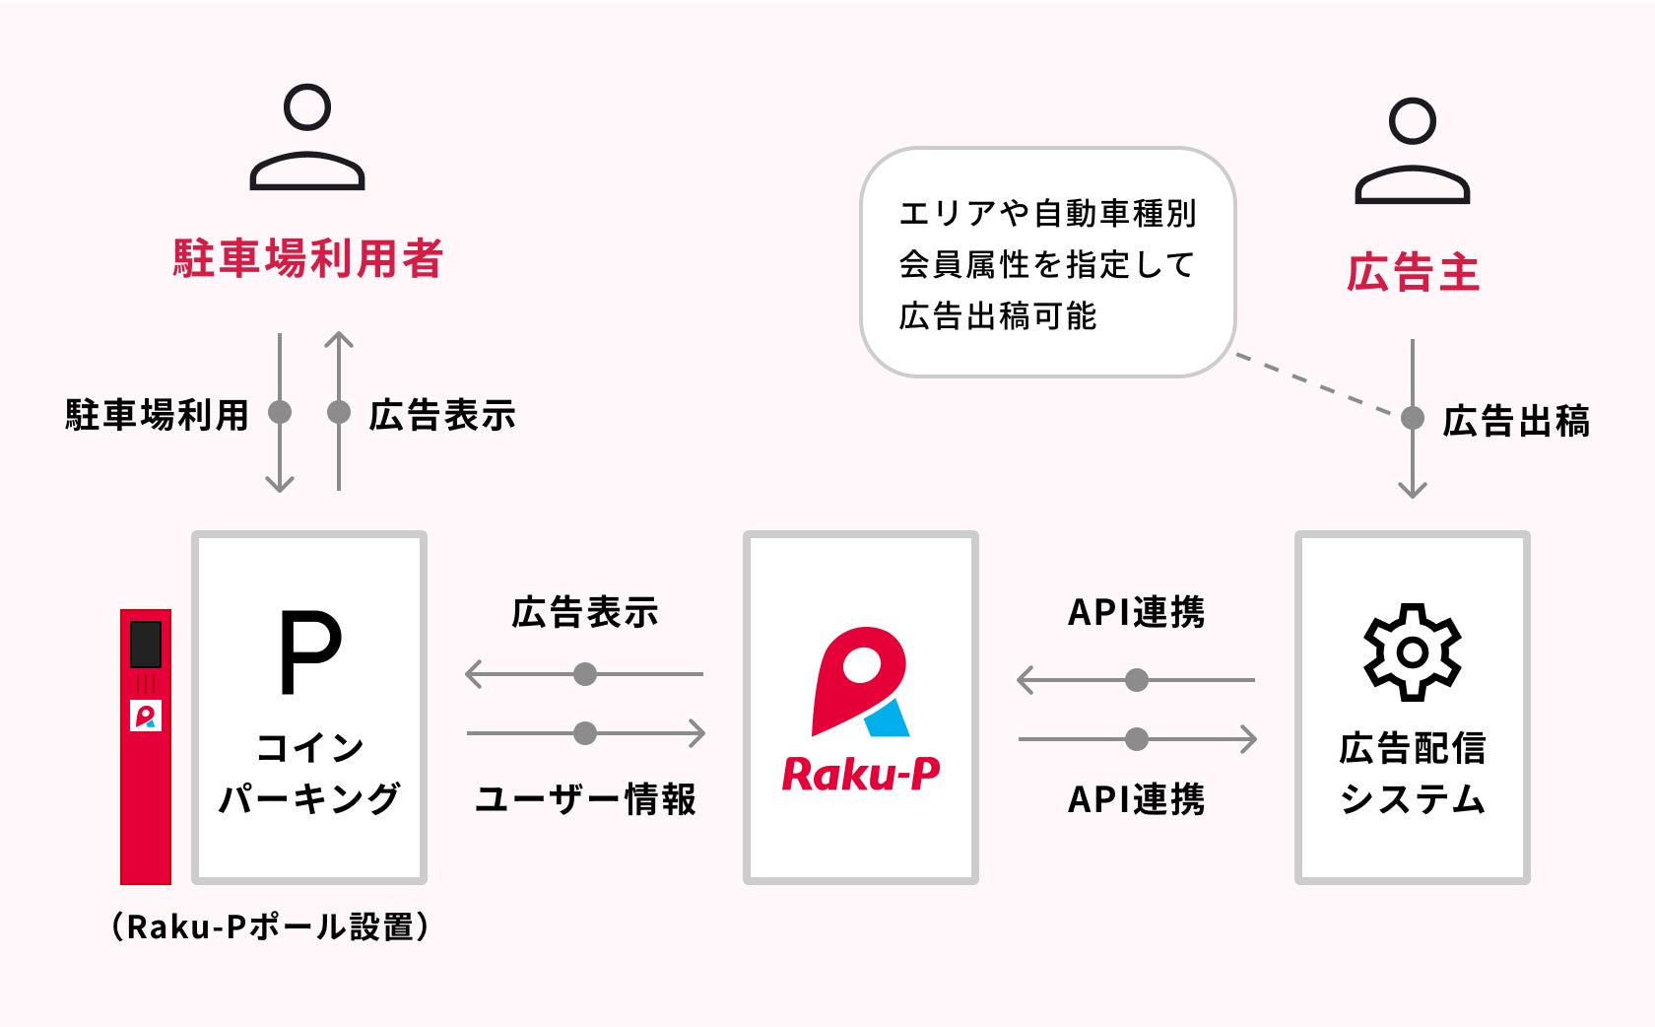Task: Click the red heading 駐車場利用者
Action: click(x=307, y=258)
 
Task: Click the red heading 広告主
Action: click(x=1413, y=273)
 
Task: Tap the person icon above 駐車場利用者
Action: click(x=307, y=137)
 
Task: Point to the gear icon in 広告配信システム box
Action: click(x=1413, y=651)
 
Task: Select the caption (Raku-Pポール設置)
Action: click(x=270, y=926)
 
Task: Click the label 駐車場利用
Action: click(x=157, y=415)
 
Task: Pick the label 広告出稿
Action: click(x=1516, y=421)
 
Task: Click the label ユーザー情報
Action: click(x=585, y=799)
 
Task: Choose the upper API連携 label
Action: click(x=1136, y=612)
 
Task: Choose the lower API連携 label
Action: click(x=1136, y=799)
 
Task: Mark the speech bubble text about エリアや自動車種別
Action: click(x=1046, y=264)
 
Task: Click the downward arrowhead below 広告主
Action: click(x=1413, y=489)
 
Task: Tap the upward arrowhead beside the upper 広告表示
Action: click(x=339, y=341)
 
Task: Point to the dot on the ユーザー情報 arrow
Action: click(x=585, y=733)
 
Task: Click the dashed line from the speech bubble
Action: click(x=1315, y=383)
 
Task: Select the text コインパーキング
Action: click(x=309, y=773)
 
